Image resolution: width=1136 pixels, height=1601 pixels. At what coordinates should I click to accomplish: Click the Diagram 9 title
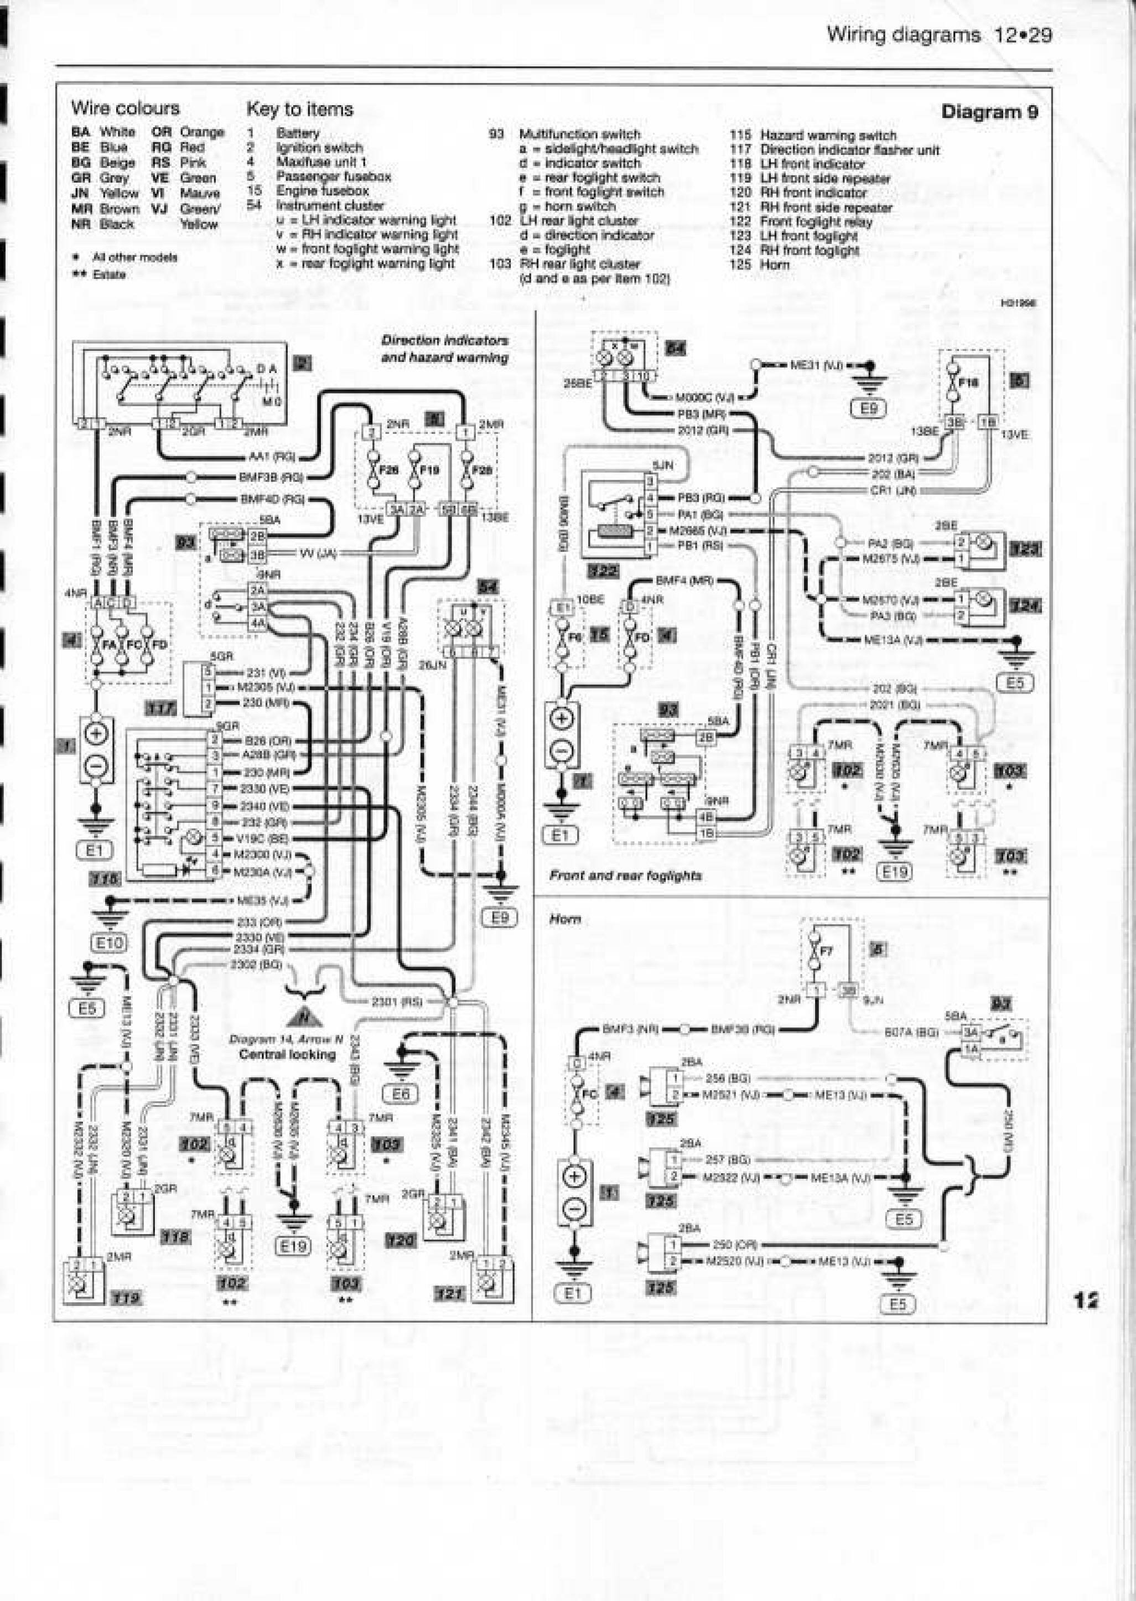pyautogui.click(x=989, y=112)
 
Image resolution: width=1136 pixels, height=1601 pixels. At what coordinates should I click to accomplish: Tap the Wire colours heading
pyautogui.click(x=125, y=108)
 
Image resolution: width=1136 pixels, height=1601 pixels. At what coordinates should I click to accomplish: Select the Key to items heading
pyautogui.click(x=299, y=109)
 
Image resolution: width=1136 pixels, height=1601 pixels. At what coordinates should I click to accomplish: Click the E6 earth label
pyautogui.click(x=405, y=1095)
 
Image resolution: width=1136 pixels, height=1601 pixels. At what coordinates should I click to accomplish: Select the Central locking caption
pyautogui.click(x=288, y=1054)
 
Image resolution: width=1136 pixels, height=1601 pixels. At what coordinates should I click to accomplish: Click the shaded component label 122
pyautogui.click(x=603, y=572)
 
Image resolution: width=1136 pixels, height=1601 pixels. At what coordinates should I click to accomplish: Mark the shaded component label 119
pyautogui.click(x=127, y=1299)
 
